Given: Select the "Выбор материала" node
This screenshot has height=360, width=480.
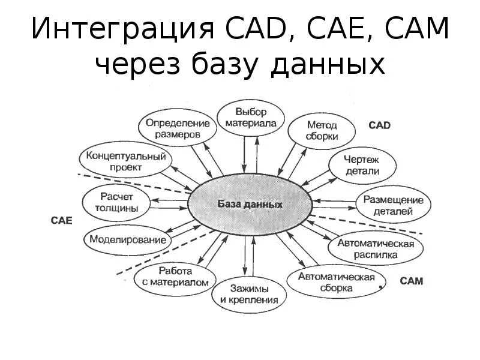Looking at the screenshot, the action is tap(250, 118).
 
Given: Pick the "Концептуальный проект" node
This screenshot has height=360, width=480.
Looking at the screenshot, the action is tap(126, 161).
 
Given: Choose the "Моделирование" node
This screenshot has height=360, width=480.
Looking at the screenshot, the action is tap(128, 240).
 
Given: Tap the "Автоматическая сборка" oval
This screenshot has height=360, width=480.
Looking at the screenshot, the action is tap(336, 282).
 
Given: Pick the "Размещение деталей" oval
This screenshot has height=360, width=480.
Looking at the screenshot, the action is tap(393, 205).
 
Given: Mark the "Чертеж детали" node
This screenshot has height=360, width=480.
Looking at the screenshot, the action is tap(362, 166).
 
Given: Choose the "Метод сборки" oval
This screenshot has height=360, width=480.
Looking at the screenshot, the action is tap(322, 131).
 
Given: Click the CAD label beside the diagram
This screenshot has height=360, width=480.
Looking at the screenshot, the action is tap(379, 125).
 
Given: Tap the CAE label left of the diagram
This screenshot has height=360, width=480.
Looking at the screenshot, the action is tap(61, 221).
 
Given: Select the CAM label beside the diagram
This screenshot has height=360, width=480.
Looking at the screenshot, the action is tap(411, 281).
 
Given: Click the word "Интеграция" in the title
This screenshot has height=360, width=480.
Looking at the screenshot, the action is tap(118, 30).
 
